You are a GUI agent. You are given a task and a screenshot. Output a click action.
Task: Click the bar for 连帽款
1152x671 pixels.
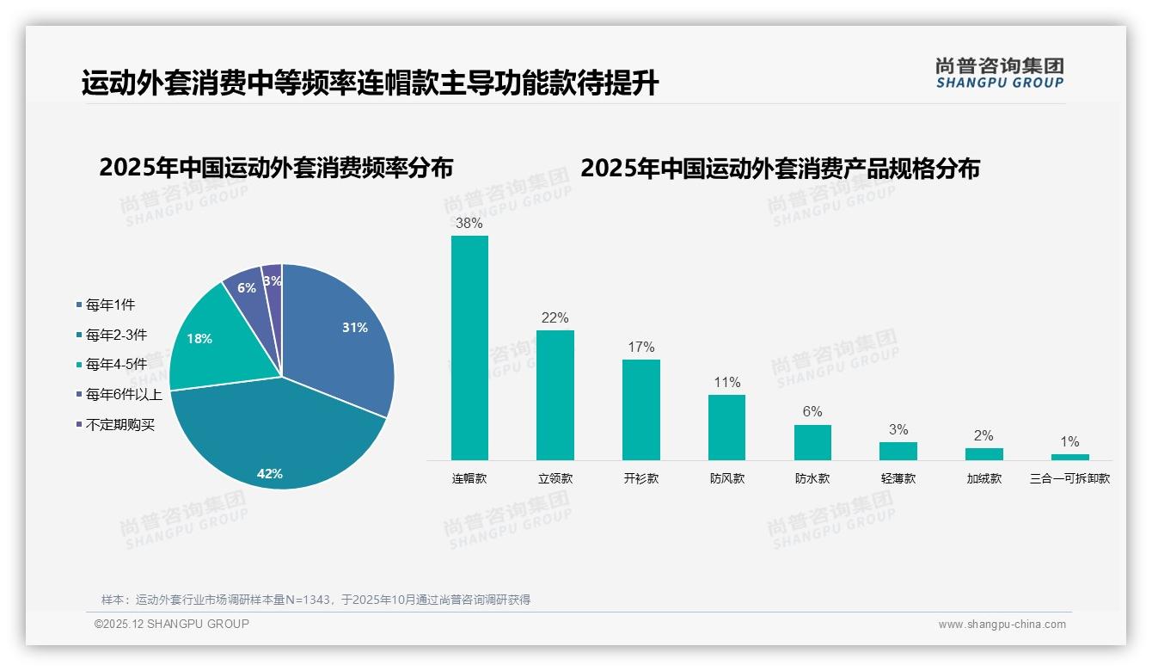(x=469, y=348)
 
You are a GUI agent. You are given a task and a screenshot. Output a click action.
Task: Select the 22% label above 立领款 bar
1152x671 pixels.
(x=555, y=317)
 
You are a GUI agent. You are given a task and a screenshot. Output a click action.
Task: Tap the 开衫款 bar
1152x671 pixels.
(x=640, y=409)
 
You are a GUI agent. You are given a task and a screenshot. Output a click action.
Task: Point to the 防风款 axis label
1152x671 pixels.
(x=726, y=478)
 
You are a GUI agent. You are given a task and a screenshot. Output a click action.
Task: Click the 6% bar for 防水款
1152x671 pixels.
(x=812, y=442)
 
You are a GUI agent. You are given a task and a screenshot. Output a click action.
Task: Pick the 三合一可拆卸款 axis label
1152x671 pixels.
(x=1069, y=478)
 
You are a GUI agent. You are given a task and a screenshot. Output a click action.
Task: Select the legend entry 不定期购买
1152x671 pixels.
(x=119, y=425)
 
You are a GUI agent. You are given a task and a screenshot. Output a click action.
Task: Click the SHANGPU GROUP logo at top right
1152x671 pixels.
(x=999, y=73)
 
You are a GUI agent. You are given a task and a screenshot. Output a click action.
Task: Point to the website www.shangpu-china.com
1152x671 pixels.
(x=1002, y=625)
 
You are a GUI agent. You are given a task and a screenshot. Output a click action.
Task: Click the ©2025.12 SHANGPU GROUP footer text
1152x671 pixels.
(x=172, y=624)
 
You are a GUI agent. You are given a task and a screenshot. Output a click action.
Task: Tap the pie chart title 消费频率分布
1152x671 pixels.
(x=276, y=168)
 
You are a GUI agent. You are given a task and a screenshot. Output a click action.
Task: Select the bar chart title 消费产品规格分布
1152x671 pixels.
(x=780, y=169)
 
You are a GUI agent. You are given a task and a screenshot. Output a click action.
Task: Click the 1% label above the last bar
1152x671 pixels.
(x=1069, y=441)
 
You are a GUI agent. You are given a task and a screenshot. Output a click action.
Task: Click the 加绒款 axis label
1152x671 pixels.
(x=983, y=478)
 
